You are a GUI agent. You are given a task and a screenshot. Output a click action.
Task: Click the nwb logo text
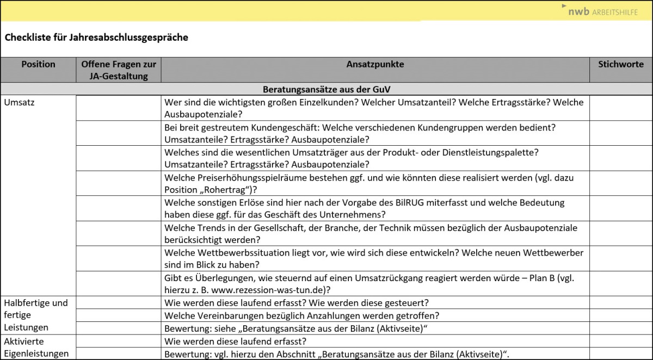[578, 11]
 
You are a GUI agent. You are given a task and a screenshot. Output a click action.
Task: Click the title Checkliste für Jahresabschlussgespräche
[96, 38]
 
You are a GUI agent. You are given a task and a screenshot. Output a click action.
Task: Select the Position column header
[38, 64]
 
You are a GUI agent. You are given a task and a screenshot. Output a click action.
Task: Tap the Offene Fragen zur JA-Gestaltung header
[119, 70]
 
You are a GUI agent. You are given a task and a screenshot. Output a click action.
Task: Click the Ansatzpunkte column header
[375, 64]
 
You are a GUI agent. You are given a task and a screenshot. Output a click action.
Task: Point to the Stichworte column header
[621, 64]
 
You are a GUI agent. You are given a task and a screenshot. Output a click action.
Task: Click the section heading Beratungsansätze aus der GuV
[326, 89]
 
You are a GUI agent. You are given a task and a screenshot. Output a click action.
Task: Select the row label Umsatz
[19, 102]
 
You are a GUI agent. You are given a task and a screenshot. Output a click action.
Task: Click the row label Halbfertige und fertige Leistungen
[36, 315]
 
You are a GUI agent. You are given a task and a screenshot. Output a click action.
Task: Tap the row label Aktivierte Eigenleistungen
[36, 347]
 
